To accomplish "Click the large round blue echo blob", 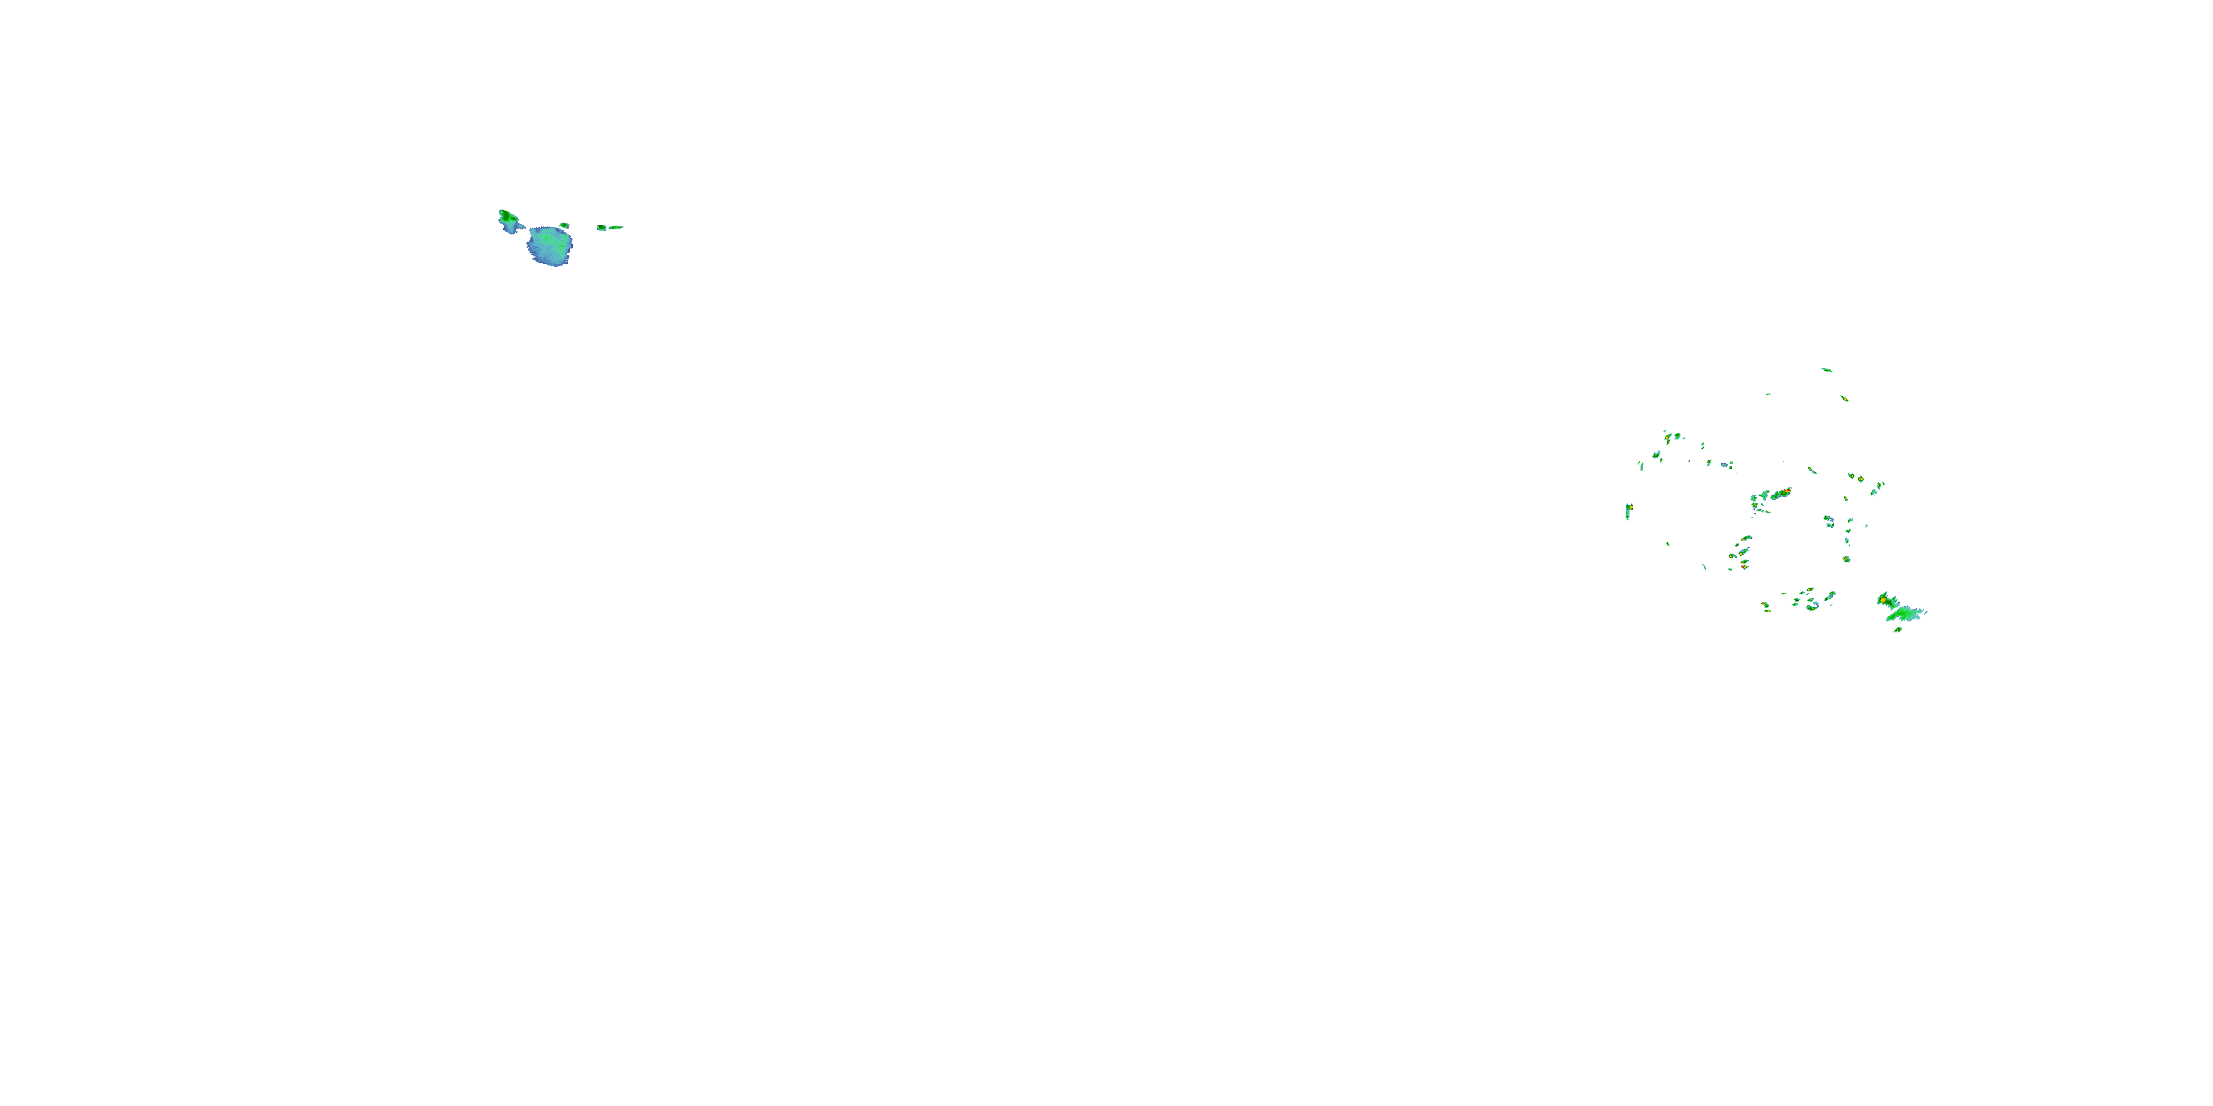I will [x=550, y=246].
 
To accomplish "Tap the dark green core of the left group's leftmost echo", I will [x=507, y=216].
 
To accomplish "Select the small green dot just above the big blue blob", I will [x=564, y=226].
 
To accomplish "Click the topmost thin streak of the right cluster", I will [x=1826, y=370].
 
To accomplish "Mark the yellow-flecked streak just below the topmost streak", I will [x=1843, y=398].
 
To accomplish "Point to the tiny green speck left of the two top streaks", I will [x=1768, y=394].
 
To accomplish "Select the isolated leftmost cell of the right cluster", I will [x=1628, y=511].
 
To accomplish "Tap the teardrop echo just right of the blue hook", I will [x=1831, y=596].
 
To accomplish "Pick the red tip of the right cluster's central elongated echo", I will [x=1787, y=492].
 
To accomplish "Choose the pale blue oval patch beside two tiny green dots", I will [x=1723, y=465].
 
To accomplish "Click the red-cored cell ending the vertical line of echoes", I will [x=1846, y=559].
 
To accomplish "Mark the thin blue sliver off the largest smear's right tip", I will [x=1925, y=612].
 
